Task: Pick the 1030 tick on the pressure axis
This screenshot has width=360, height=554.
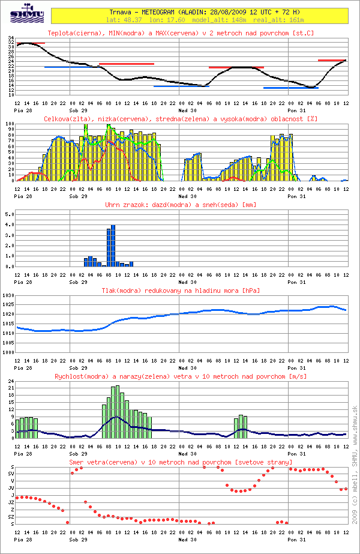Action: point(8,296)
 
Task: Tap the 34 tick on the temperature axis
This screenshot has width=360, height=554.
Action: point(11,37)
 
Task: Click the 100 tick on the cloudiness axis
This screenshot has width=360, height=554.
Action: point(9,124)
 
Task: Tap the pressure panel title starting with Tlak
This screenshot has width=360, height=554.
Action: point(180,291)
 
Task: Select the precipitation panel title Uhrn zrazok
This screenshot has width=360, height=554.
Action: point(180,205)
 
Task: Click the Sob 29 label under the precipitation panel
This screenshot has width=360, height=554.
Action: point(78,281)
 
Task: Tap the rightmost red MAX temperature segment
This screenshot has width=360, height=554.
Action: point(331,60)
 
